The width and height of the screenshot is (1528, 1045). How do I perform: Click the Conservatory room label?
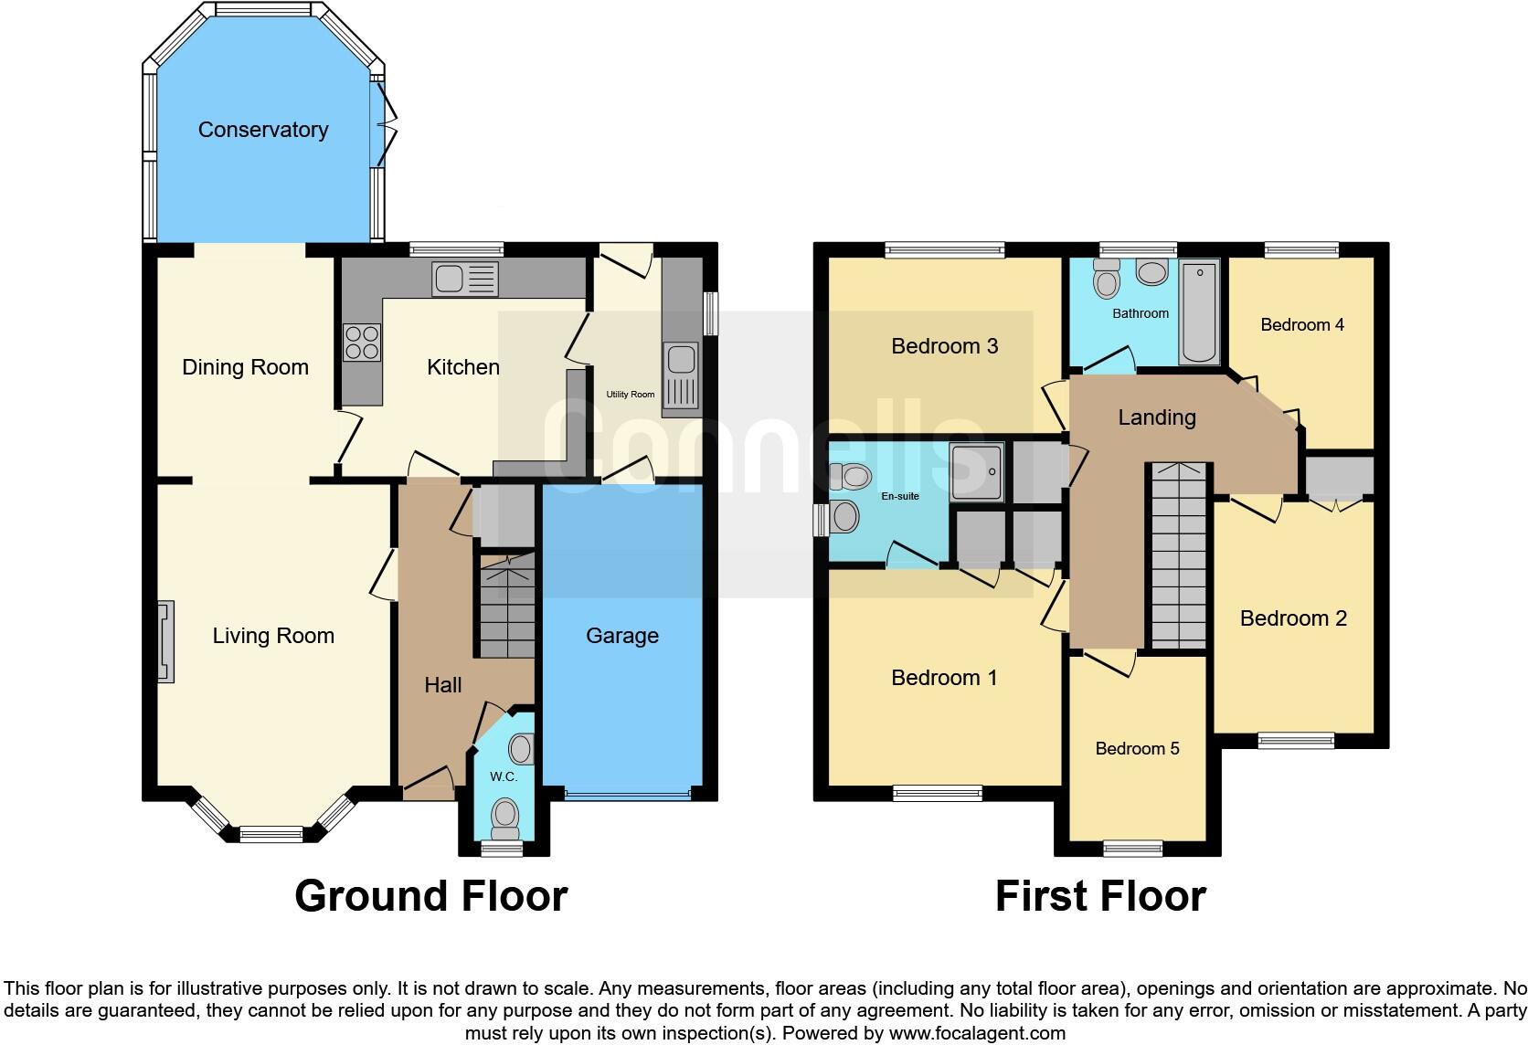point(263,130)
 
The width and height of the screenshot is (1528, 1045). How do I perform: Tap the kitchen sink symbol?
point(465,280)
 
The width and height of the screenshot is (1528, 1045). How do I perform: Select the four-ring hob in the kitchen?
point(361,343)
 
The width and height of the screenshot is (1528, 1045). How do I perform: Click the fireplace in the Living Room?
point(165,641)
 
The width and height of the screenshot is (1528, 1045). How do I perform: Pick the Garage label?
point(621,636)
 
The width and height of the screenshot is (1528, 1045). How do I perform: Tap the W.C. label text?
point(504,776)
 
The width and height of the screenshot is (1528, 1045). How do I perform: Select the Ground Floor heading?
point(430,896)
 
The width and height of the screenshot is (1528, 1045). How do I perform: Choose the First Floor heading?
point(1099,896)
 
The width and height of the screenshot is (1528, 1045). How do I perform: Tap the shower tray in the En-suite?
point(976,471)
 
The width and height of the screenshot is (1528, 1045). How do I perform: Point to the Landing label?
point(1156,417)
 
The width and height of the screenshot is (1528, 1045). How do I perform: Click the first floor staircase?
point(1178,557)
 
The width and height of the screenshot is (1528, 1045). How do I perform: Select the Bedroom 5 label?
point(1137,749)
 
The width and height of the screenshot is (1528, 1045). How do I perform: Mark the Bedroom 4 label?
point(1301,324)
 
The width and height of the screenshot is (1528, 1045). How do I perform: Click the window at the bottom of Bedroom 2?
point(1295,741)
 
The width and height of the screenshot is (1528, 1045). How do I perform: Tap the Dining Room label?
point(245,367)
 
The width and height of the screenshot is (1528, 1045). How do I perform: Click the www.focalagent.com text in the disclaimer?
point(977,1034)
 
